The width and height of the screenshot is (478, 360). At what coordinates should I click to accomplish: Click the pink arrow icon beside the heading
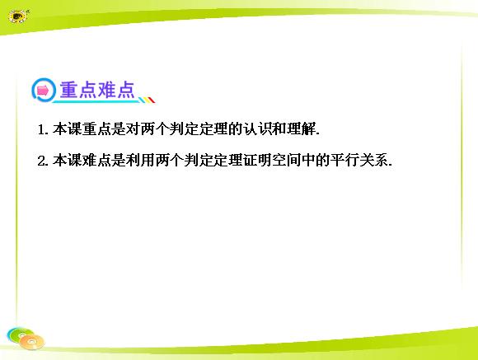(43, 91)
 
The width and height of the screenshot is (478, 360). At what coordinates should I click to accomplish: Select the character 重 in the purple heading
(68, 90)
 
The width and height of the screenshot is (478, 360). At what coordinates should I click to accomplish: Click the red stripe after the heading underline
(151, 100)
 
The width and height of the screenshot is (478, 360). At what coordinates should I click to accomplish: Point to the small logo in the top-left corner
(18, 16)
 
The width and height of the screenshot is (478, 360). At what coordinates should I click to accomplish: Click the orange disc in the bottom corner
(31, 342)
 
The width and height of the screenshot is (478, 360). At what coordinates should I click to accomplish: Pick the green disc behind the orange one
(20, 334)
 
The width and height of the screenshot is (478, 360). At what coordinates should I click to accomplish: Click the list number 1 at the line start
(41, 130)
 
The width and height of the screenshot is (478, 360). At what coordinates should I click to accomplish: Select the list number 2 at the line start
(41, 161)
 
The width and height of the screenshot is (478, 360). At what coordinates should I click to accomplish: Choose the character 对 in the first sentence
(133, 129)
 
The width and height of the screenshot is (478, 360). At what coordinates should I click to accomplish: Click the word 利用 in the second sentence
(140, 160)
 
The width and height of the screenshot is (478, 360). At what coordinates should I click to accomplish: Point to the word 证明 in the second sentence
(257, 160)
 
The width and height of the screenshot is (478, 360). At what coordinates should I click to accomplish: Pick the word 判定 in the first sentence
(184, 129)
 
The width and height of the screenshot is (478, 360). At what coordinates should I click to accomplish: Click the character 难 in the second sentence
(89, 160)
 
